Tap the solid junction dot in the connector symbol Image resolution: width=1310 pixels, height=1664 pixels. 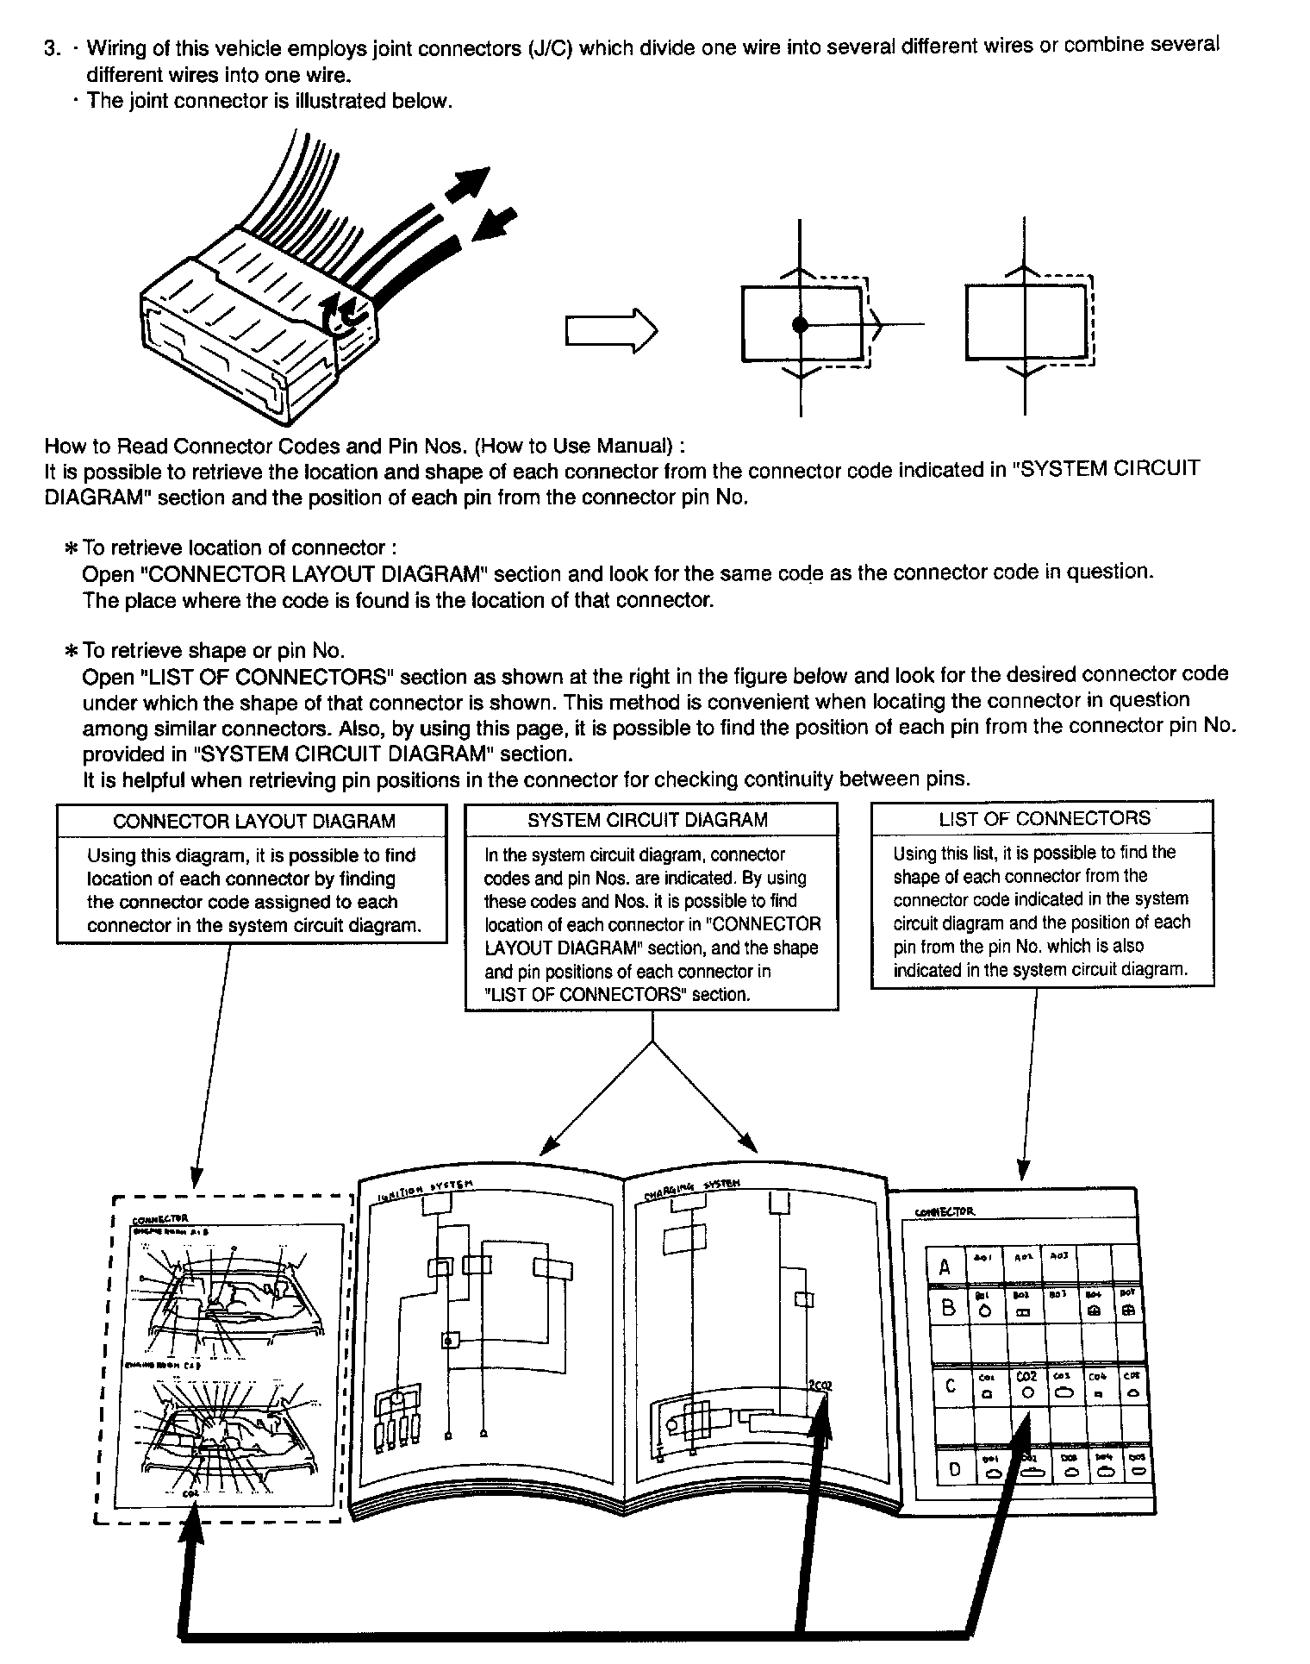coord(801,325)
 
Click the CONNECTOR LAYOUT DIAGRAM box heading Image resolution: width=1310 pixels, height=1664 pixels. coord(253,821)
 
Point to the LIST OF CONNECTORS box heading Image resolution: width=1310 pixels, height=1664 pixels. coord(1045,818)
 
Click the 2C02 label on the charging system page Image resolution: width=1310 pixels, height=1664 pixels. coord(820,1386)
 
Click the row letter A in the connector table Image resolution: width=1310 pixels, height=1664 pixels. coord(945,1267)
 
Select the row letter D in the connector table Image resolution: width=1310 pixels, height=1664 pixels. coord(954,1470)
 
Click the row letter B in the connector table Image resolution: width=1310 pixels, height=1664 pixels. coord(948,1308)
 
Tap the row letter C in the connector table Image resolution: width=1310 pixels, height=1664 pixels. coord(951,1386)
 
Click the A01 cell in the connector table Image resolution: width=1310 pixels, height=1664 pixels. coord(983,1258)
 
